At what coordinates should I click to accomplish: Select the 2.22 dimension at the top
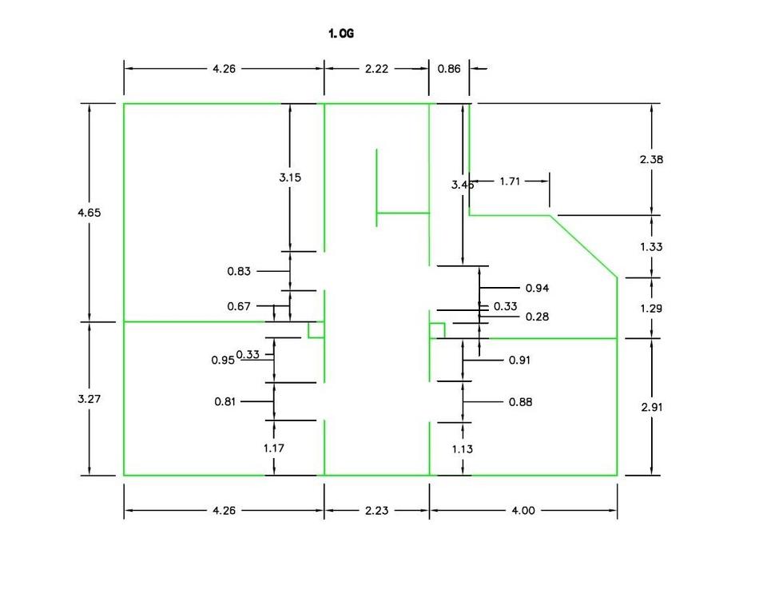[x=376, y=70]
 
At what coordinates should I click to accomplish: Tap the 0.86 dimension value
[x=449, y=70]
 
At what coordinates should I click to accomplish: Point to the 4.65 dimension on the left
[x=89, y=213]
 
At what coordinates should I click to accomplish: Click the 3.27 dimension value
[x=89, y=398]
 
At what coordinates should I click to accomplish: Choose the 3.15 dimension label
[x=290, y=177]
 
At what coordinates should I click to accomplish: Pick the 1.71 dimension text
[x=510, y=181]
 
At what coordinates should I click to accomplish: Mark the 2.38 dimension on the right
[x=652, y=159]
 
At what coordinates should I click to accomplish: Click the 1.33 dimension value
[x=652, y=246]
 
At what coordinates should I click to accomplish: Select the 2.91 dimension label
[x=652, y=407]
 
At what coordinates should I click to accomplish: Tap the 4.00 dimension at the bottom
[x=523, y=511]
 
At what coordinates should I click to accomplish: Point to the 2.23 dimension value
[x=376, y=511]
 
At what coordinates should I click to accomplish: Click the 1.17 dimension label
[x=274, y=448]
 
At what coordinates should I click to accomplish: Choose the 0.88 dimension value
[x=520, y=402]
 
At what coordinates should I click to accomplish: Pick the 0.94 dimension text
[x=537, y=288]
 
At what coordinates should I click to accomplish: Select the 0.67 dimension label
[x=239, y=306]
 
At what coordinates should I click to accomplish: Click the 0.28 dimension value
[x=538, y=317]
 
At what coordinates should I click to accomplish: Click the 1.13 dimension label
[x=463, y=448]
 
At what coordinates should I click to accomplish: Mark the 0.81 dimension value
[x=226, y=402]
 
